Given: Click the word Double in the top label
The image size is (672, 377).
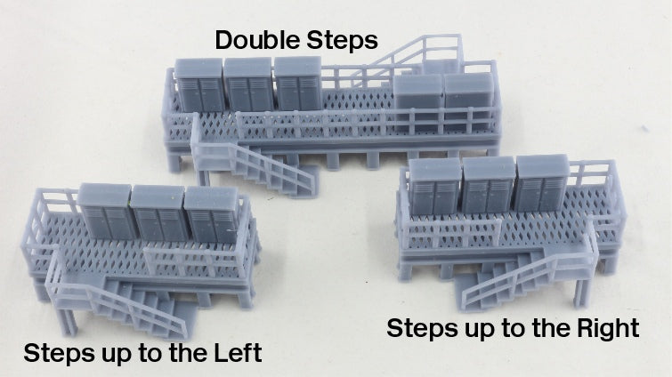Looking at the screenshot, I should click(256, 40).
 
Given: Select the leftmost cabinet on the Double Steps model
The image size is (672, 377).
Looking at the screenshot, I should click(197, 90).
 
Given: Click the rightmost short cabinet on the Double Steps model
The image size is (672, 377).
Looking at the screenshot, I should click(466, 100).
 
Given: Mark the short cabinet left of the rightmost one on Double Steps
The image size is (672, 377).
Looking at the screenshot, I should click(418, 100).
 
